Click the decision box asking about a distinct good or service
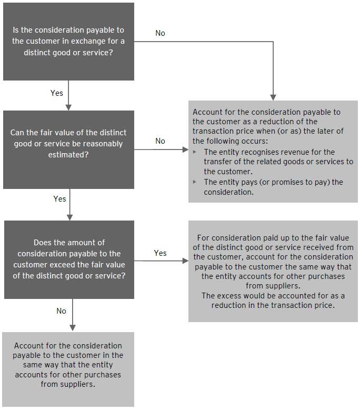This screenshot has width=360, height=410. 68,42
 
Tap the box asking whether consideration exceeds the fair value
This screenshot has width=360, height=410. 69,259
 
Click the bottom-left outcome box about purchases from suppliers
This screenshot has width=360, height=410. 68,369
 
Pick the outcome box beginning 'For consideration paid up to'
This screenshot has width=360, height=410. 273,272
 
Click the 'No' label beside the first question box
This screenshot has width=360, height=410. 160,33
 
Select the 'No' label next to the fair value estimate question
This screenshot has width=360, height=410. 160,141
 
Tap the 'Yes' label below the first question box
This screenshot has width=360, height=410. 57,93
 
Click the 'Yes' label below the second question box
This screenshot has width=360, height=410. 59,199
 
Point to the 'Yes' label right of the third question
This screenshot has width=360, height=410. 160,253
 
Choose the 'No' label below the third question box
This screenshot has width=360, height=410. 62,311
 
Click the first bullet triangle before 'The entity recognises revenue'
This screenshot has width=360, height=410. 196,152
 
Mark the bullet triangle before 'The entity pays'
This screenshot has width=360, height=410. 196,182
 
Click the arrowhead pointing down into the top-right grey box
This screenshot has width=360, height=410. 273,97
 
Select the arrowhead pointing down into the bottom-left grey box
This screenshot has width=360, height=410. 72,328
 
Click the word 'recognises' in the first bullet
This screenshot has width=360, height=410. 247,152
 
